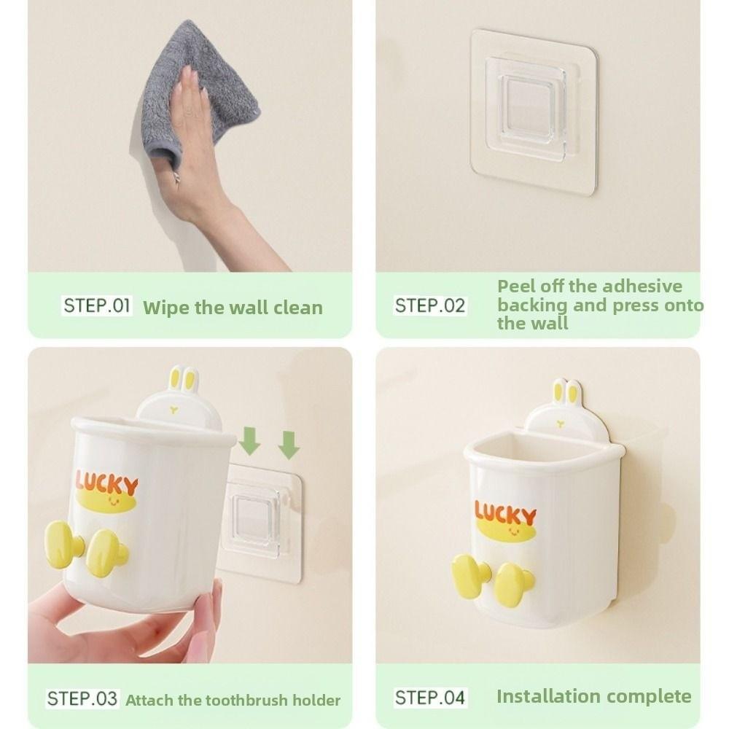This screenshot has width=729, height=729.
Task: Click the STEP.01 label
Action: tap(97, 305)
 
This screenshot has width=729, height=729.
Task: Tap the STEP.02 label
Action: tap(429, 305)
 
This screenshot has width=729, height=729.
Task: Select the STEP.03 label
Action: tap(82, 699)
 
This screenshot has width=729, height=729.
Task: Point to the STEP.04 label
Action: tap(429, 698)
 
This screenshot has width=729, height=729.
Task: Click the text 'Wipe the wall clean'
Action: tap(233, 307)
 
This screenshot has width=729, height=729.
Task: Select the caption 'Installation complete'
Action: tap(593, 696)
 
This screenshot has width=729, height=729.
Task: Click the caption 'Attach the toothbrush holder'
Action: tap(233, 701)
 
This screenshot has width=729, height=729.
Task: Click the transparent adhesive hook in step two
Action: tap(534, 112)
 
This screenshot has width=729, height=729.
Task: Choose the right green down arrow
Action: tap(289, 444)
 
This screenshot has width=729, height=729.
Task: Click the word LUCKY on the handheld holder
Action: tap(106, 484)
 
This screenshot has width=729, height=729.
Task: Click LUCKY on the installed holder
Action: tap(505, 512)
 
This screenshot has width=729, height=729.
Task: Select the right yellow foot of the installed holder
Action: tap(515, 582)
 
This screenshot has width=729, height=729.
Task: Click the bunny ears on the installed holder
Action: tap(567, 392)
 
